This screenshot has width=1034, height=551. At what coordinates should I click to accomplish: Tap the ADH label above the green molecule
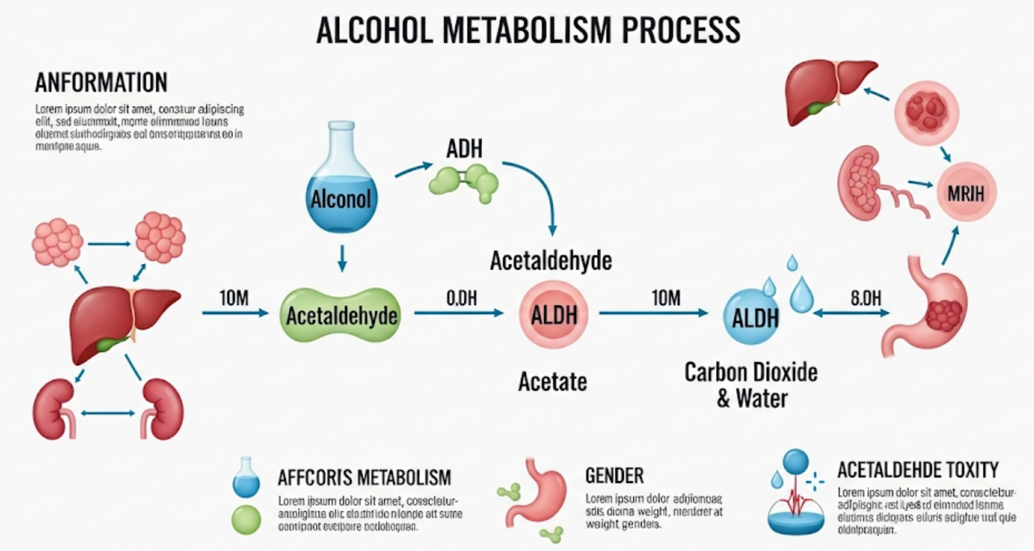(x=465, y=148)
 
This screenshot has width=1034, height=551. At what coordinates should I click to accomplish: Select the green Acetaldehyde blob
(x=342, y=315)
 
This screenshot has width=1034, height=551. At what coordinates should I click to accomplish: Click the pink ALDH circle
(x=549, y=315)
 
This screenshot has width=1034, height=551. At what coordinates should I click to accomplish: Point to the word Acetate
(x=552, y=381)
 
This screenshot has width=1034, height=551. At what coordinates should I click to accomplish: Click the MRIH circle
(x=965, y=195)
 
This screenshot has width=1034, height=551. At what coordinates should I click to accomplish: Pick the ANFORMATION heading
(x=101, y=81)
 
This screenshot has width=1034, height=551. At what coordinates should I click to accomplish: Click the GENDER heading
(x=614, y=475)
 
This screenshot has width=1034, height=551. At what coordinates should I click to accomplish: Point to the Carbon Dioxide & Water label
(x=751, y=384)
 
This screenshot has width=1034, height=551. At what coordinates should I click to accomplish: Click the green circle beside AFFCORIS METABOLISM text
(x=246, y=519)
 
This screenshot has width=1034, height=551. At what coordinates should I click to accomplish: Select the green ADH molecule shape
(x=465, y=180)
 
